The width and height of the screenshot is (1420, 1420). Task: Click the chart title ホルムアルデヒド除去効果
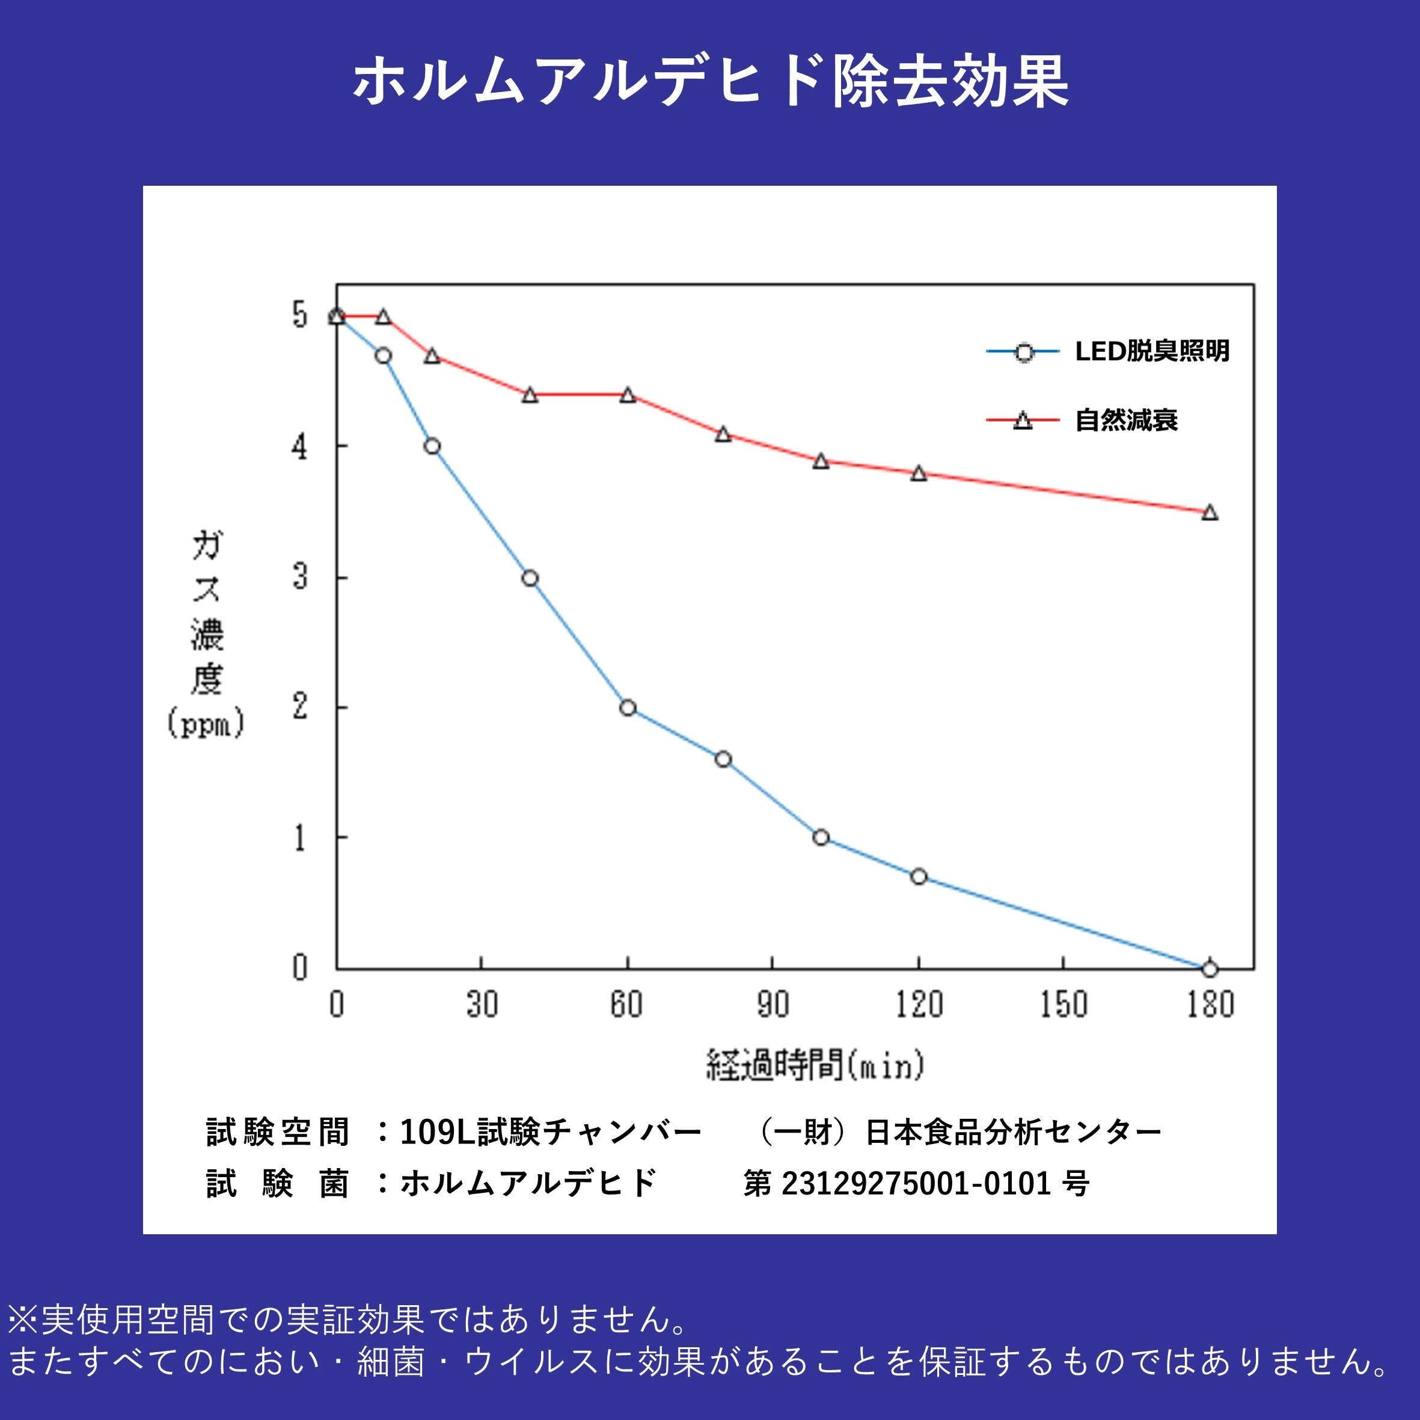point(710,82)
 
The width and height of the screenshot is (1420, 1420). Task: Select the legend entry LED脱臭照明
point(1152,351)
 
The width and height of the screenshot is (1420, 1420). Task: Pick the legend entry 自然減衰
point(1126,420)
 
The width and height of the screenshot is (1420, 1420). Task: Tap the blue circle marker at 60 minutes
point(628,708)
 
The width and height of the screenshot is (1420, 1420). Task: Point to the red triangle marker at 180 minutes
point(1210,512)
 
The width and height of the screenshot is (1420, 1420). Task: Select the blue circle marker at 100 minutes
point(821,837)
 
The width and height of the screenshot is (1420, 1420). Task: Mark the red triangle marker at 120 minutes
point(919,473)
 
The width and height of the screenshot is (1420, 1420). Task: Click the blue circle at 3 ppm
point(530,578)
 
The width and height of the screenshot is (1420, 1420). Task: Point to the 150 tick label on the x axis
point(1063,1004)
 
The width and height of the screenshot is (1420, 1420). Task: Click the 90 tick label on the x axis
point(773,1004)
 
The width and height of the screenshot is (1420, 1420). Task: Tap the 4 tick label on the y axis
point(300,446)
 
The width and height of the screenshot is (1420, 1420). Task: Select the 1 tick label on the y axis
point(300,837)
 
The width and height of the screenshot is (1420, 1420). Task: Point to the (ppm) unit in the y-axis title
point(206,724)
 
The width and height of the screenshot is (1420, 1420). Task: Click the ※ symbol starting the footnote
point(23,1320)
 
